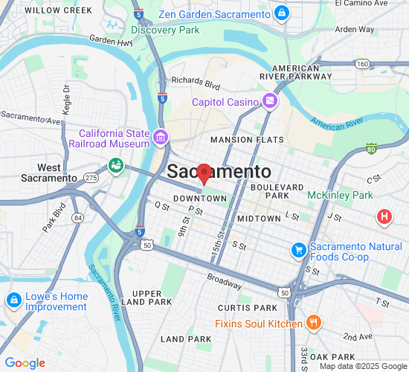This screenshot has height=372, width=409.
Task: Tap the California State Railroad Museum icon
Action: pos(160,138)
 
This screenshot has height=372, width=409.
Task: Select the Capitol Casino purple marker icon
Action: pos(269,100)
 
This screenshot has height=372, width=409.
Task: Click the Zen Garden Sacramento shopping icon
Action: pos(282,13)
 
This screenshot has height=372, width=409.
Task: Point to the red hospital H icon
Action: pos(384,217)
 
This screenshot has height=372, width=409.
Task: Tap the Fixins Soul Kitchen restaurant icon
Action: pos(315,323)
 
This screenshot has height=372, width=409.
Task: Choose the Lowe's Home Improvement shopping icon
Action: pos(13,300)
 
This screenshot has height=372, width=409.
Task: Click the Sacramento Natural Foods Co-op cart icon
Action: pos(299,249)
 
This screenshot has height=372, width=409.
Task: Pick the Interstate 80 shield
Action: pos(371,150)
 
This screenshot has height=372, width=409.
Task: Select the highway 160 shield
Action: pos(362,64)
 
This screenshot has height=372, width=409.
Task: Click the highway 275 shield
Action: pos(91,178)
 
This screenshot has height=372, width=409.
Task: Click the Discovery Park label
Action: pos(165,30)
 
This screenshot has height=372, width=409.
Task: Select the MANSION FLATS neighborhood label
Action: pos(247,140)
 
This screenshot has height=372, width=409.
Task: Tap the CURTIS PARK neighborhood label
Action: pos(247,307)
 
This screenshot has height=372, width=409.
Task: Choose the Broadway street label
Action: pos(224,280)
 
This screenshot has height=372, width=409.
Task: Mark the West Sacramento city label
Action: pos(49,173)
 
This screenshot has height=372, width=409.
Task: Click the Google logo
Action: pos(25,363)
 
